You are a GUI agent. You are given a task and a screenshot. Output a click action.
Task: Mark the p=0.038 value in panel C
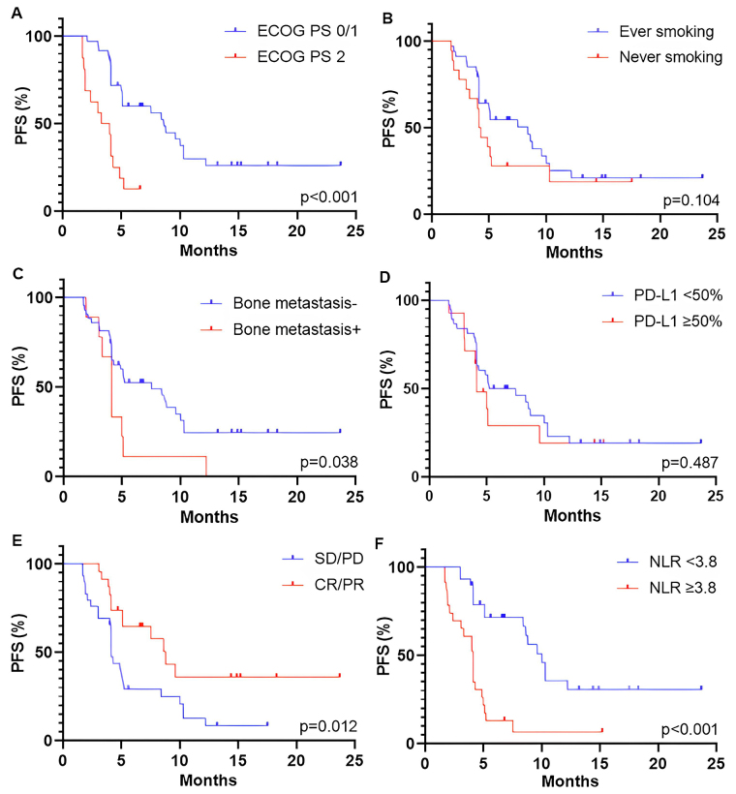[x=329, y=463]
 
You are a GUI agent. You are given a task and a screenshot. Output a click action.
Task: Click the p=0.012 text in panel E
[x=329, y=727]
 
